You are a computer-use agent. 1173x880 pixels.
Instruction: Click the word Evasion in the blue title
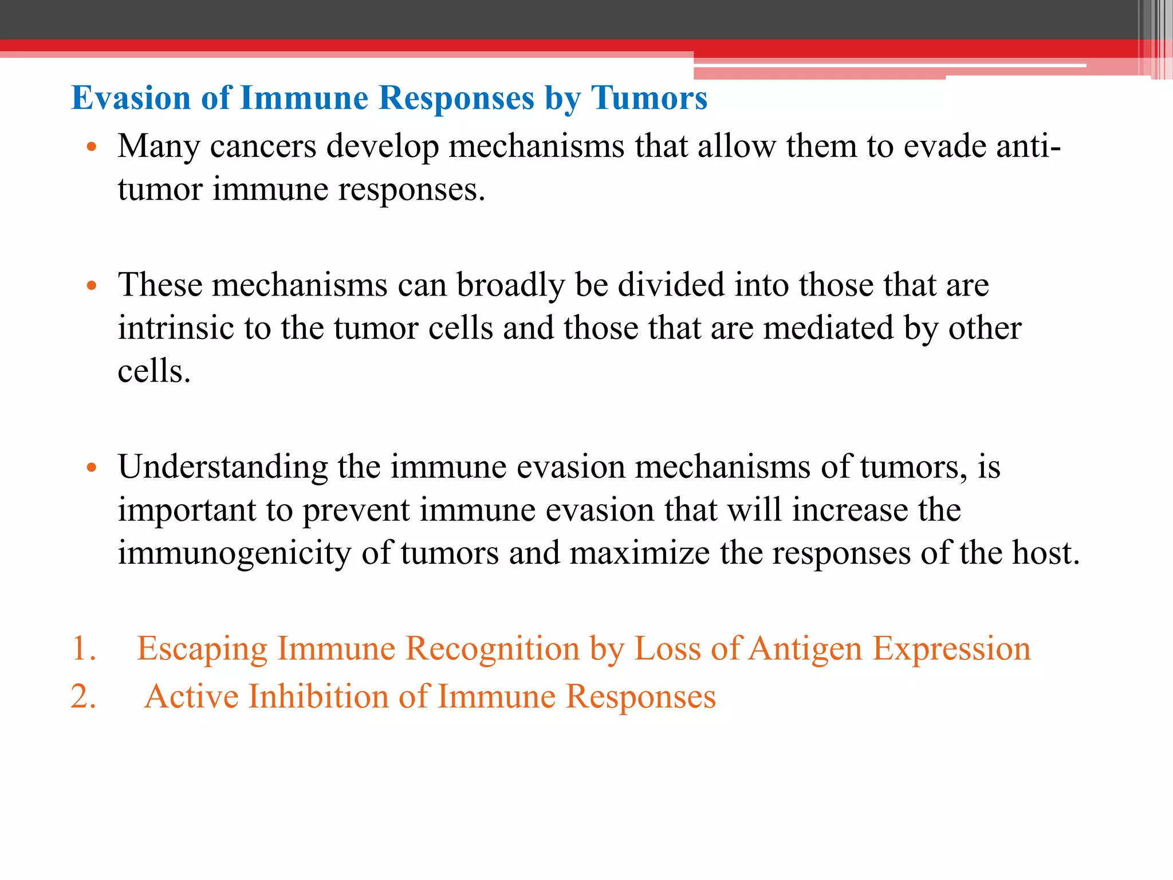[x=131, y=98]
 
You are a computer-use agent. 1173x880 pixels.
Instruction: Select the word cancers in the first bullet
[x=263, y=147]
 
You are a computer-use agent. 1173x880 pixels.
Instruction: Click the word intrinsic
[x=175, y=328]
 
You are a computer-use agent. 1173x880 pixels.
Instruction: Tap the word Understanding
[x=222, y=467]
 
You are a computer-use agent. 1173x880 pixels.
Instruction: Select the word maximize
[x=639, y=553]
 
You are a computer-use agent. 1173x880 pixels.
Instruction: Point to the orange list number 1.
[x=84, y=649]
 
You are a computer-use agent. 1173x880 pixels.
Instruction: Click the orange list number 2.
[x=84, y=697]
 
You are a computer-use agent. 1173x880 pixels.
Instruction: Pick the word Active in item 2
[x=191, y=697]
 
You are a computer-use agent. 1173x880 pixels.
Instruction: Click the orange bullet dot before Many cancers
[x=91, y=147]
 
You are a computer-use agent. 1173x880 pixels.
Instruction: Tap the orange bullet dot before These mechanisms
[x=91, y=286]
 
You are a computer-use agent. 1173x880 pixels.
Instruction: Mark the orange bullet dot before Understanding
[x=91, y=468]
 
